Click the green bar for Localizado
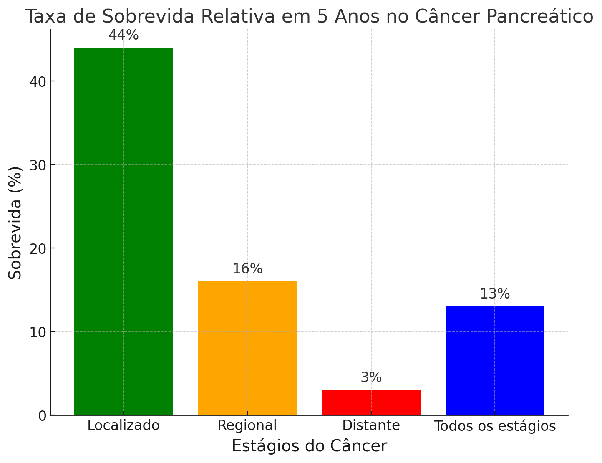click(x=123, y=231)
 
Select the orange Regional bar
click(x=247, y=348)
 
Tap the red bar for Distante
click(x=371, y=402)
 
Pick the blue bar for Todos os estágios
click(x=495, y=360)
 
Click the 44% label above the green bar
click(x=123, y=35)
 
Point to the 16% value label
click(x=247, y=269)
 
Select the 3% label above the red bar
click(x=371, y=378)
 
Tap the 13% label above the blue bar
click(x=495, y=294)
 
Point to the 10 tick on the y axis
click(x=38, y=332)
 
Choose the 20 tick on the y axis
click(x=38, y=249)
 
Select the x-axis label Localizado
click(x=123, y=426)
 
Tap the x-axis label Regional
click(x=247, y=426)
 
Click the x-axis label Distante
click(x=371, y=426)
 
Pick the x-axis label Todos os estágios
click(x=495, y=426)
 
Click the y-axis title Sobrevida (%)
click(x=16, y=223)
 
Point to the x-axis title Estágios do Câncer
click(x=309, y=446)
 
